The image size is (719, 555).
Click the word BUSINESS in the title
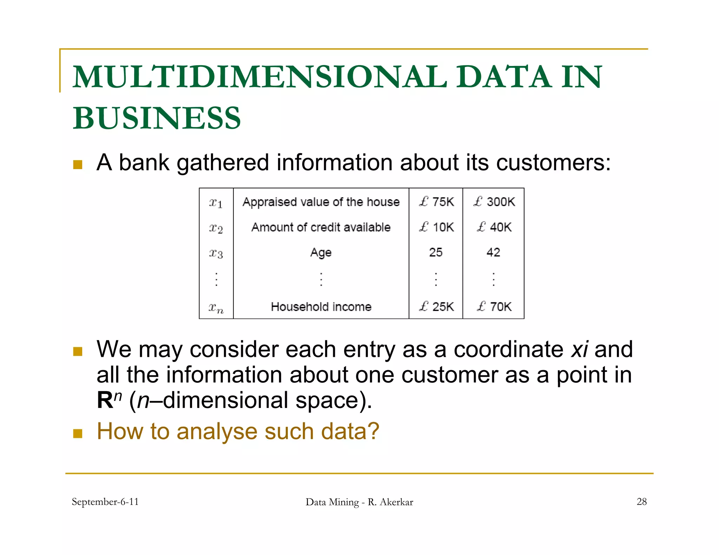tap(157, 118)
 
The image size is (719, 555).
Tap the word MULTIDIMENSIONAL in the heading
tap(260, 77)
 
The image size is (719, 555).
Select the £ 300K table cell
tap(494, 202)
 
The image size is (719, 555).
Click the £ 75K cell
tap(436, 202)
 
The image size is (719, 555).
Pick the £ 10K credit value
tap(436, 227)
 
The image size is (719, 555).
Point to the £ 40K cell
tap(494, 227)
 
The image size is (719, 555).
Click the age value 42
tap(493, 252)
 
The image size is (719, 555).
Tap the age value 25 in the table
tap(436, 252)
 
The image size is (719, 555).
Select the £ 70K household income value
tap(494, 307)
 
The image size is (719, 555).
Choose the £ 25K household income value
tap(436, 307)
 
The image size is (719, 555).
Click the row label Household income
tap(321, 307)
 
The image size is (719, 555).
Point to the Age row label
tap(321, 253)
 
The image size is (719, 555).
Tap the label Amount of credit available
tap(321, 227)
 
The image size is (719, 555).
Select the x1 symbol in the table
tap(216, 203)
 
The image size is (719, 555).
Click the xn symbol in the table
tap(216, 308)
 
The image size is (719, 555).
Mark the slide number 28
tap(641, 502)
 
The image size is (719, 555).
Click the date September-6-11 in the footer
tap(105, 502)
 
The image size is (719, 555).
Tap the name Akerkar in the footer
tap(396, 502)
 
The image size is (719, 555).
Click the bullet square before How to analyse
tap(78, 433)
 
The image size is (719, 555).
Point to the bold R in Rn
tap(105, 401)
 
